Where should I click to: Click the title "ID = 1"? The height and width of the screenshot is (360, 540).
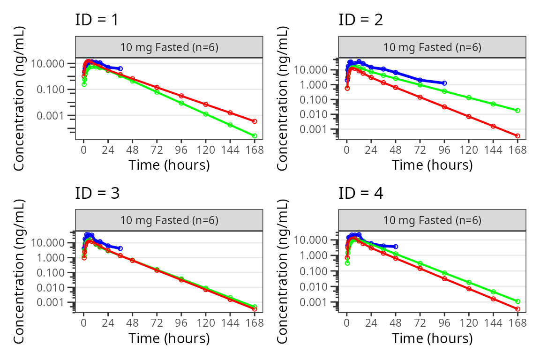[x=97, y=20]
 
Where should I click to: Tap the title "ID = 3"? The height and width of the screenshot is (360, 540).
[x=97, y=193]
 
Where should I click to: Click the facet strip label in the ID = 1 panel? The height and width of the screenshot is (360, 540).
[x=169, y=47]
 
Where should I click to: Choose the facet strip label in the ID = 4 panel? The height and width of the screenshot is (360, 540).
[x=432, y=220]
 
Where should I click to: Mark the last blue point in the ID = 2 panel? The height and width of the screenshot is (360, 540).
[x=444, y=83]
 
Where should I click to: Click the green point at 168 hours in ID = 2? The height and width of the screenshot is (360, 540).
[x=517, y=110]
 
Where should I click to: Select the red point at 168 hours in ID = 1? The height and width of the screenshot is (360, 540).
[x=255, y=121]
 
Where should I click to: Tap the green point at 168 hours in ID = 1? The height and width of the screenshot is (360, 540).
[x=255, y=136]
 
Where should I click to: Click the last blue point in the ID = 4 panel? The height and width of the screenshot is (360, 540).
[x=396, y=246]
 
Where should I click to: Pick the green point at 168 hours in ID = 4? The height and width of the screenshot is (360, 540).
[x=517, y=301]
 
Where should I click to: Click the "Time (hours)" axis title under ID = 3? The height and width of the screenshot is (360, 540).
[x=169, y=338]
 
